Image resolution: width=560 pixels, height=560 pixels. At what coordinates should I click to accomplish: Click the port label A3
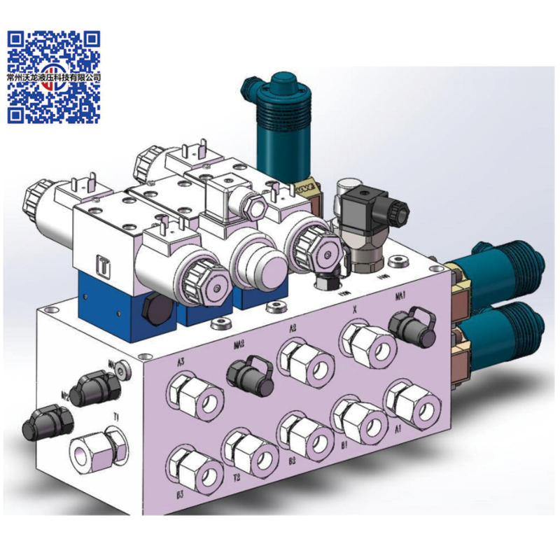(x=181, y=363)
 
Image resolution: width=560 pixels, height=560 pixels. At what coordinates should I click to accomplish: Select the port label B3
(x=181, y=493)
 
